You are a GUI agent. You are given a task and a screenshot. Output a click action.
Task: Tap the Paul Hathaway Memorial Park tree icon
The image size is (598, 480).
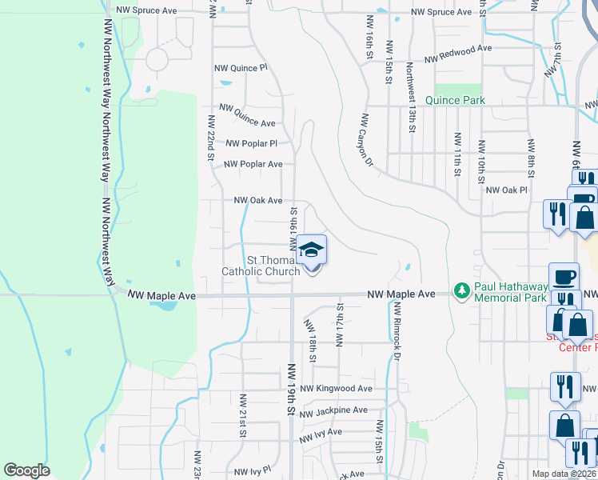(460, 289)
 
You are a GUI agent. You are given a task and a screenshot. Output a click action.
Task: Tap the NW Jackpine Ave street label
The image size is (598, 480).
(333, 410)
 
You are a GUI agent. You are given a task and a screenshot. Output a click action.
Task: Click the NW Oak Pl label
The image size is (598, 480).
(507, 190)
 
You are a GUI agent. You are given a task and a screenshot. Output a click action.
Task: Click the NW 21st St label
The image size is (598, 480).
(241, 415)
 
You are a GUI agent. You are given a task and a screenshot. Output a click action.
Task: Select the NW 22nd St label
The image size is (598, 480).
(211, 138)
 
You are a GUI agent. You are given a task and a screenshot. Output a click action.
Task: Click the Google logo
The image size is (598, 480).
(26, 470)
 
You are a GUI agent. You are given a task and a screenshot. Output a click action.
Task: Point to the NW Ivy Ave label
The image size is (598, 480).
(321, 435)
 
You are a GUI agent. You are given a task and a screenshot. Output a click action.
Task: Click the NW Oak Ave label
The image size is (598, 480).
(257, 201)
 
